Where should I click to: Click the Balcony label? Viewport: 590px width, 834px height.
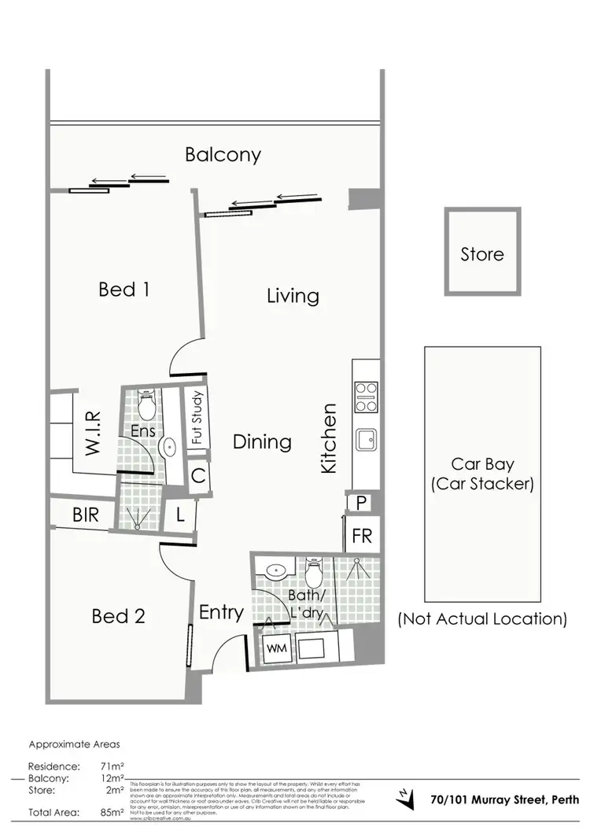(223, 154)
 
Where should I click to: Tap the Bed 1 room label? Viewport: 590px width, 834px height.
(124, 290)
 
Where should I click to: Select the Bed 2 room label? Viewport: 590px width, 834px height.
(118, 616)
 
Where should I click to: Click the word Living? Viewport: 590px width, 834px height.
(293, 297)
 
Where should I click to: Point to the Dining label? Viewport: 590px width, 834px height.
(262, 442)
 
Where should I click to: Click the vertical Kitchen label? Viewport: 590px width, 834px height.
(329, 438)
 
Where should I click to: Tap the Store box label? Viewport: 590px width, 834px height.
(482, 255)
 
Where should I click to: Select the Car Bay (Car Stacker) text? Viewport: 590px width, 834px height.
(482, 474)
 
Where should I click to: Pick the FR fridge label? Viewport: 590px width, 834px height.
(361, 537)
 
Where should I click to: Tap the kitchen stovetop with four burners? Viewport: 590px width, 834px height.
(367, 397)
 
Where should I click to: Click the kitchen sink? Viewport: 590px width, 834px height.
(367, 439)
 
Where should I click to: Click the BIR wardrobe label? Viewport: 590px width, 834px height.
(85, 516)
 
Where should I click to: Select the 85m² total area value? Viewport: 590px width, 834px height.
(112, 811)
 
